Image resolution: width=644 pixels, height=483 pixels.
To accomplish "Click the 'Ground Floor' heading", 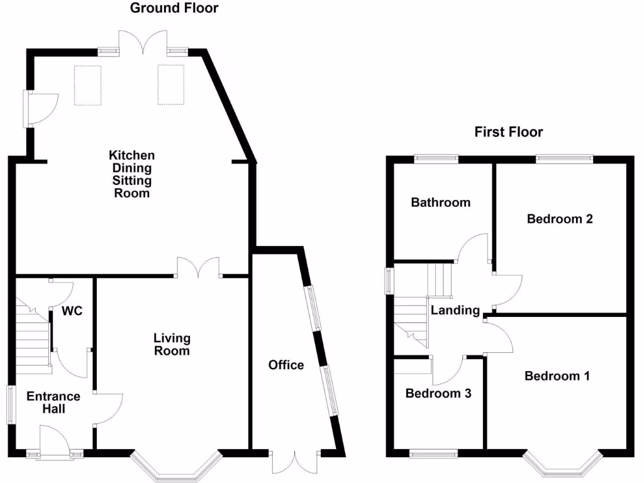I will [x=174, y=8].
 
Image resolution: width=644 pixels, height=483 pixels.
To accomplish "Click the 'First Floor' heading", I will [x=508, y=132].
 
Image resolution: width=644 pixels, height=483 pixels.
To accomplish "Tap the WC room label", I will [x=72, y=311].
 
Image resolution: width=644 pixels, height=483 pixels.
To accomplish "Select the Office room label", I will [x=286, y=365].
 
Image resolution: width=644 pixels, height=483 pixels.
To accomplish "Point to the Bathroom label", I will [x=440, y=203].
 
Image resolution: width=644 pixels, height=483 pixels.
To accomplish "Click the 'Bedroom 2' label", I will [x=560, y=219].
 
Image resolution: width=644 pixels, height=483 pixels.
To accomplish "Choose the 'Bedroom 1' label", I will [x=557, y=376].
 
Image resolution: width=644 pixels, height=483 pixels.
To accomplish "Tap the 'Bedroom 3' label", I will [x=438, y=394].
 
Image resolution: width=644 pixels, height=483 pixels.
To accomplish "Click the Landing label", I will [x=455, y=310].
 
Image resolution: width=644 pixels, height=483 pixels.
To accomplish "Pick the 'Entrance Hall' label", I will [x=53, y=402].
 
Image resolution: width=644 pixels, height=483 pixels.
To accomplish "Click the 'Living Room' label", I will [x=172, y=345].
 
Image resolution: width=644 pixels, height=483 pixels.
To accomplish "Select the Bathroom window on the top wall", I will [x=436, y=158].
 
